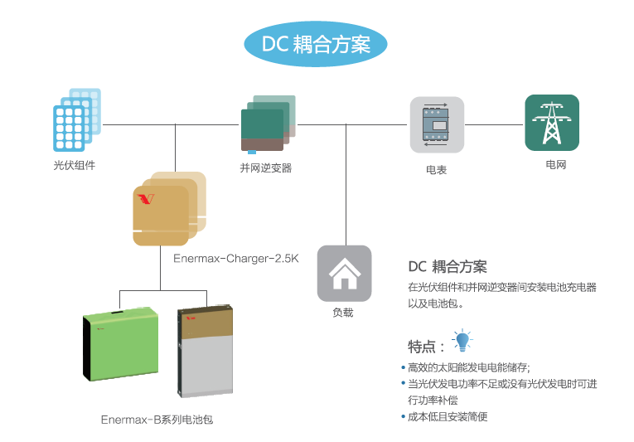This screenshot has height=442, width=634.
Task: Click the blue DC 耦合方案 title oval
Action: pos(316,44)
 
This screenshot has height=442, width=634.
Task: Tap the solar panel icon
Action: pos(76,119)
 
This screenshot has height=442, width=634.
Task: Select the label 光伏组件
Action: pos(75,165)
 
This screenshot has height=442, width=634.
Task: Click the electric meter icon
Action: pos(437,125)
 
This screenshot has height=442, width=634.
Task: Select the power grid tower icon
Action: pos(551,123)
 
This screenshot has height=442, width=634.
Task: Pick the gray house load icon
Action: pos(344,274)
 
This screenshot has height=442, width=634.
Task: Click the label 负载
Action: pos(343,313)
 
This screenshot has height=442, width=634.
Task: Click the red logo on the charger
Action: pos(147,199)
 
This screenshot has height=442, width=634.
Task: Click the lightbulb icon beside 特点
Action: pos(462,341)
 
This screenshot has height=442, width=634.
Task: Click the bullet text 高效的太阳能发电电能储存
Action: pos(468,367)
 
